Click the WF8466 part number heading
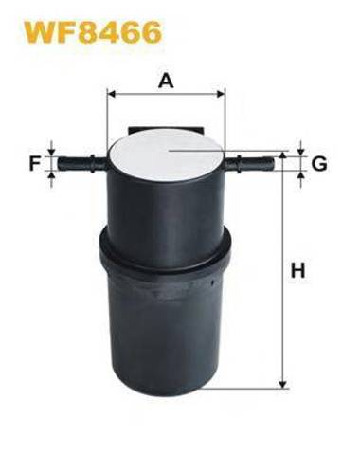(x=93, y=31)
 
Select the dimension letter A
(x=166, y=81)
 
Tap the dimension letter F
(x=35, y=164)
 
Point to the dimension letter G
(x=319, y=164)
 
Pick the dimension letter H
(x=298, y=270)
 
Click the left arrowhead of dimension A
(x=112, y=94)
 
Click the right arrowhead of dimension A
(x=221, y=94)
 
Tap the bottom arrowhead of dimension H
(x=283, y=383)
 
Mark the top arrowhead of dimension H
(x=283, y=155)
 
